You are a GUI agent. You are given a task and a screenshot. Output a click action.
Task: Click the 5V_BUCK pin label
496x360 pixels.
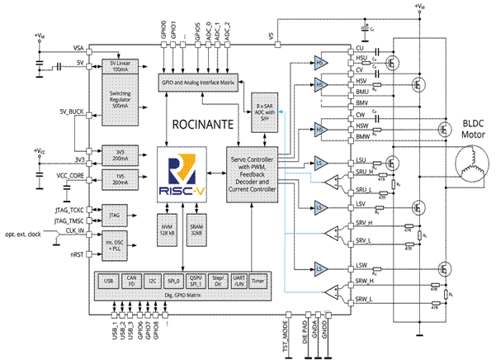pyautogui.click(x=72, y=111)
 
